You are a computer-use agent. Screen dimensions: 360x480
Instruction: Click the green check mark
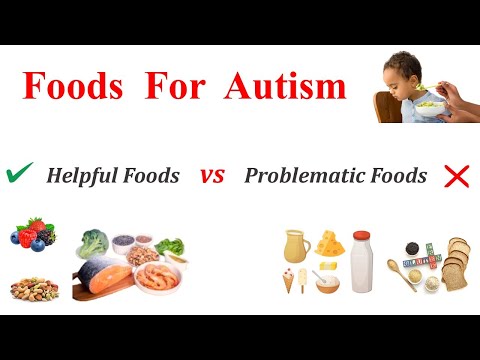18,174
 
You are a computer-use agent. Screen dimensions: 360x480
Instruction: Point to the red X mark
456,177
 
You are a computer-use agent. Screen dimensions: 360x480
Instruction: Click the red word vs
211,177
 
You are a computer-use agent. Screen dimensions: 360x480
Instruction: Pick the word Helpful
80,177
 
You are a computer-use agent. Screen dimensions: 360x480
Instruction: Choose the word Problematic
299,177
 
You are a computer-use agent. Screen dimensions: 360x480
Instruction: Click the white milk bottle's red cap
361,237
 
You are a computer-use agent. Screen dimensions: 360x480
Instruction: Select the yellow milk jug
295,246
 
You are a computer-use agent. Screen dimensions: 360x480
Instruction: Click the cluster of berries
33,233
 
